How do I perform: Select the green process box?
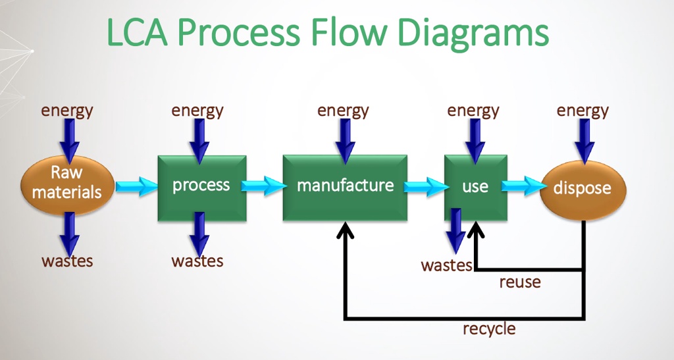[201, 188]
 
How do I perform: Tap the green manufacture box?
[345, 188]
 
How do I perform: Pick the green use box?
[475, 188]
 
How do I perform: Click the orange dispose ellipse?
[583, 189]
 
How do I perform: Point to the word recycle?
[489, 328]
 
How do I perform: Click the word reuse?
[520, 282]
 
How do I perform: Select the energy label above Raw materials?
[67, 110]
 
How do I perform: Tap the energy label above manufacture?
[343, 110]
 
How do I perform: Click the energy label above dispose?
[583, 110]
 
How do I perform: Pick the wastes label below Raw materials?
[67, 261]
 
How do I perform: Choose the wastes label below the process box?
[197, 261]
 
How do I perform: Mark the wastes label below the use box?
[447, 266]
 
